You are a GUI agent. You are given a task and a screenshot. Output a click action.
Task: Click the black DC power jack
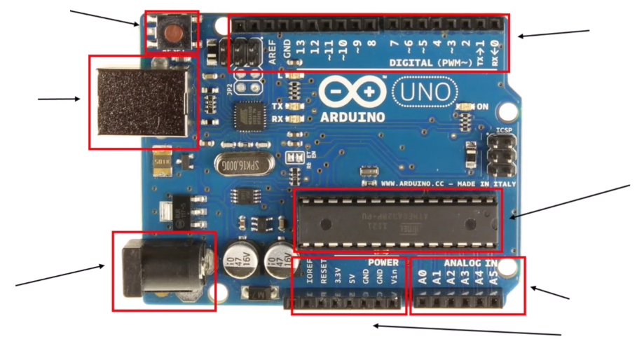click(x=161, y=270)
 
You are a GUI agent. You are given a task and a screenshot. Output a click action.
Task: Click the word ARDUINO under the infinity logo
click(x=352, y=117)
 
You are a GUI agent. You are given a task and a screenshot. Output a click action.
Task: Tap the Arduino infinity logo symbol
click(x=354, y=91)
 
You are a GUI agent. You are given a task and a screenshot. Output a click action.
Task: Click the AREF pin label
click(x=273, y=53)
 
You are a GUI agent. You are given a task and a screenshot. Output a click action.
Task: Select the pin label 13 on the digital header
click(x=301, y=50)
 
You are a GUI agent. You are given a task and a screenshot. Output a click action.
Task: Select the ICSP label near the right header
click(x=504, y=130)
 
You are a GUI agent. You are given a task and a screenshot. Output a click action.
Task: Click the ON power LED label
click(x=482, y=106)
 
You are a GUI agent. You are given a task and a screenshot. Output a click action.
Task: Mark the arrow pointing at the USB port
click(x=59, y=99)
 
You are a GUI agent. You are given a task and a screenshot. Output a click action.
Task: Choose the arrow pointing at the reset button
click(x=105, y=18)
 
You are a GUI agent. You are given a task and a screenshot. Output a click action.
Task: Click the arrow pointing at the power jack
click(x=60, y=275)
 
